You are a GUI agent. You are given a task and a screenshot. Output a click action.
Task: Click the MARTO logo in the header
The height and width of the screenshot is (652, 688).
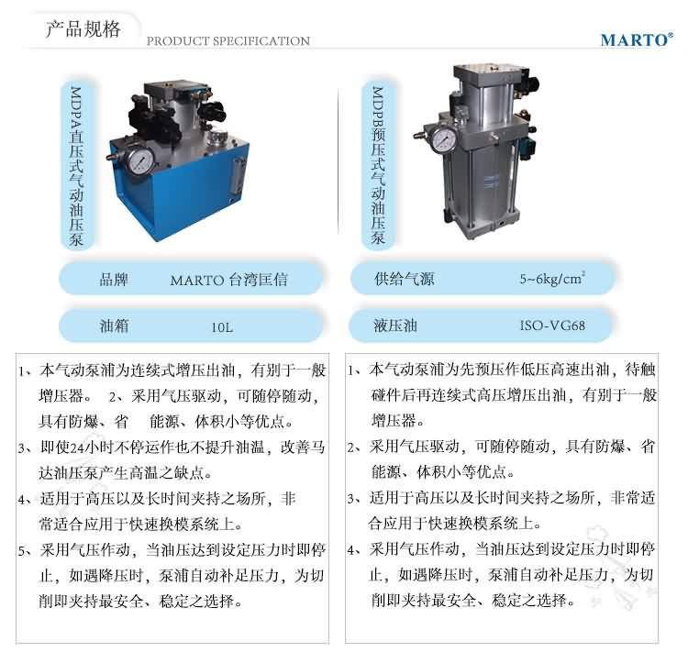tap(637, 39)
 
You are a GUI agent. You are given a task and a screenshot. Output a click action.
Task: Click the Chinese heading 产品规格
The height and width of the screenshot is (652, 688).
tap(83, 29)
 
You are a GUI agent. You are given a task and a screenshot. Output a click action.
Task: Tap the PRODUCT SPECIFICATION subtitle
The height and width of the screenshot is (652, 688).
tap(228, 41)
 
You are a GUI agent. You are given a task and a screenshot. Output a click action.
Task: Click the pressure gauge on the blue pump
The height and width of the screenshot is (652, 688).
tap(140, 161)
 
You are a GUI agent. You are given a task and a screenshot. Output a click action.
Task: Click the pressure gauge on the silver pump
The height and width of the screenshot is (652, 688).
tap(444, 139)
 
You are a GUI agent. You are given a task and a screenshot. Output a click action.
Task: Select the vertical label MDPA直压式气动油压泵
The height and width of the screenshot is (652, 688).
tap(76, 165)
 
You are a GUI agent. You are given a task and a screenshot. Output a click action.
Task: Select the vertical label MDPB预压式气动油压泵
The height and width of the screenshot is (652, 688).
tap(378, 165)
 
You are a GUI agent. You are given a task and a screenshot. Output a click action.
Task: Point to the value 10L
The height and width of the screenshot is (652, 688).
tap(222, 327)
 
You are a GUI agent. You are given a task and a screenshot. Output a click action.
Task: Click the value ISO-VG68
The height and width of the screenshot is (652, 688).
tap(552, 326)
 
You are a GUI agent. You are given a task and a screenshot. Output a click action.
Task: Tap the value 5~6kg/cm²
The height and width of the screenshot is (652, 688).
tap(552, 279)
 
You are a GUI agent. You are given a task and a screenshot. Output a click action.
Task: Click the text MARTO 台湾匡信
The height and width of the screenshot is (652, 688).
tap(228, 280)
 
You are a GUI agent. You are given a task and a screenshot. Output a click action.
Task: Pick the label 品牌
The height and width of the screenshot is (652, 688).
tap(114, 279)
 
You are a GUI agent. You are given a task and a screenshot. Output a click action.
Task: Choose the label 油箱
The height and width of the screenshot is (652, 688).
tap(114, 326)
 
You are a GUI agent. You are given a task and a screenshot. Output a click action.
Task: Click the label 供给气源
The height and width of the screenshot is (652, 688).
tap(405, 279)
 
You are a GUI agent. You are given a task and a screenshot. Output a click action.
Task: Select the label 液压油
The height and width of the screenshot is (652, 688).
tap(395, 326)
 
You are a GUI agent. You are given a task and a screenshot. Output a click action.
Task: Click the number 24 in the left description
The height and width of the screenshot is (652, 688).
tap(77, 448)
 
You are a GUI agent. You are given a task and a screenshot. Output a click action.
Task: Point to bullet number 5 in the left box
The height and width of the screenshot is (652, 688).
tap(22, 550)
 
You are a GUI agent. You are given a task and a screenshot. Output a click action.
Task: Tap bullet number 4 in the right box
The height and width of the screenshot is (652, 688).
tap(352, 550)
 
